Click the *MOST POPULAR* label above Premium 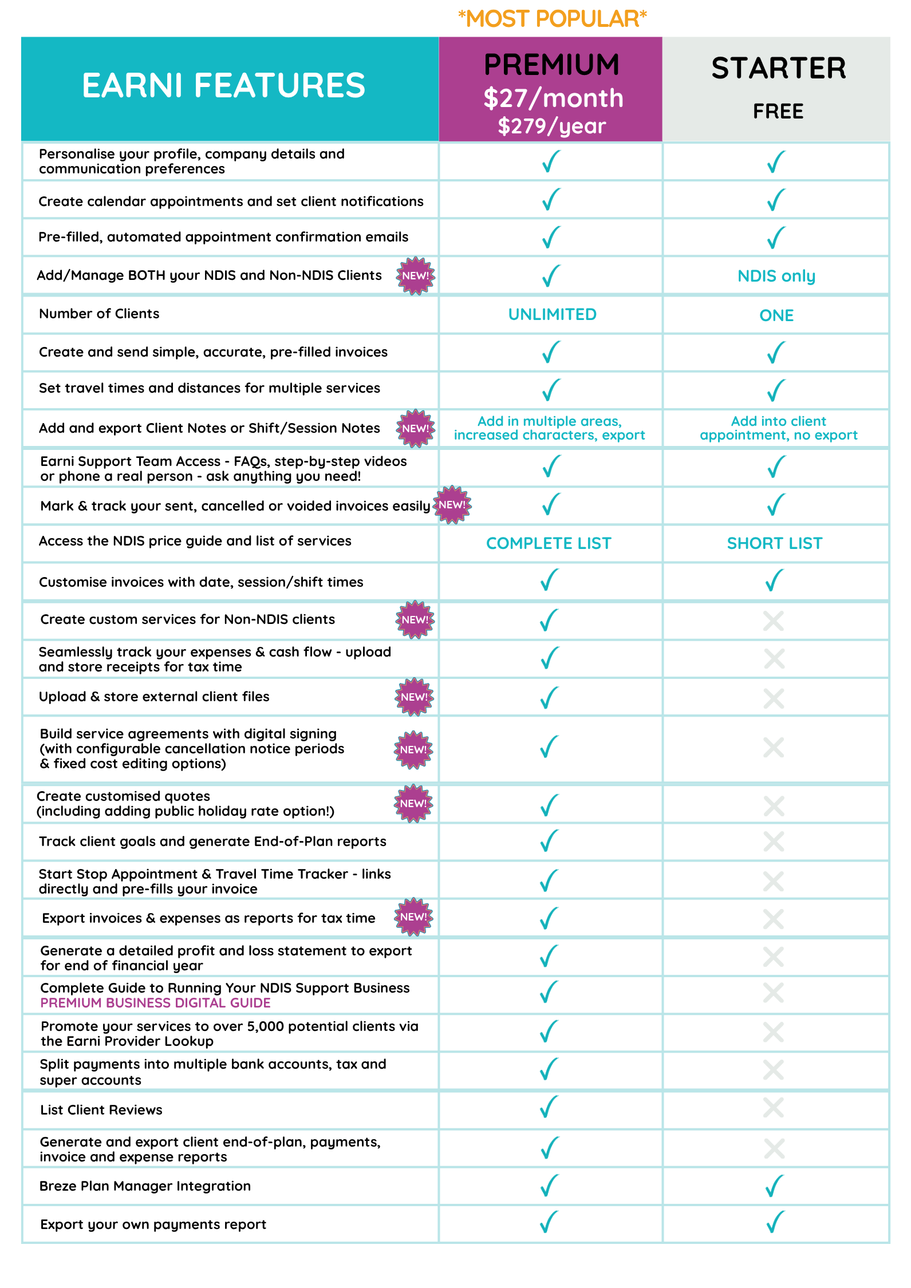(x=552, y=19)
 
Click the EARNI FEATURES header (x=223, y=85)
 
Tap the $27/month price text (x=553, y=98)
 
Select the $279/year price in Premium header (x=551, y=126)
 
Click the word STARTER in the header (x=779, y=68)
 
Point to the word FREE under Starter (x=778, y=111)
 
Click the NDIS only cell (x=776, y=276)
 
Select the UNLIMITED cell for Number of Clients (x=552, y=314)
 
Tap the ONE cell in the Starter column (x=776, y=315)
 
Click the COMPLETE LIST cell (x=549, y=543)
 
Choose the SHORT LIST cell (x=775, y=543)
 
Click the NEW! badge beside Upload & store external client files (x=415, y=697)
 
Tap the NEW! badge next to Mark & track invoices (x=452, y=505)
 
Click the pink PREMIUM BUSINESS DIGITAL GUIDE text (x=155, y=1003)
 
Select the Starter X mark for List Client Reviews (x=774, y=1108)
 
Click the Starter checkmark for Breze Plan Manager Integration (x=775, y=1186)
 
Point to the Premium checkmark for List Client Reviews (x=549, y=1107)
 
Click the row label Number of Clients (x=99, y=314)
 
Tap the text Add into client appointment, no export (x=779, y=428)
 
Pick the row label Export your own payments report (x=153, y=1224)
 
